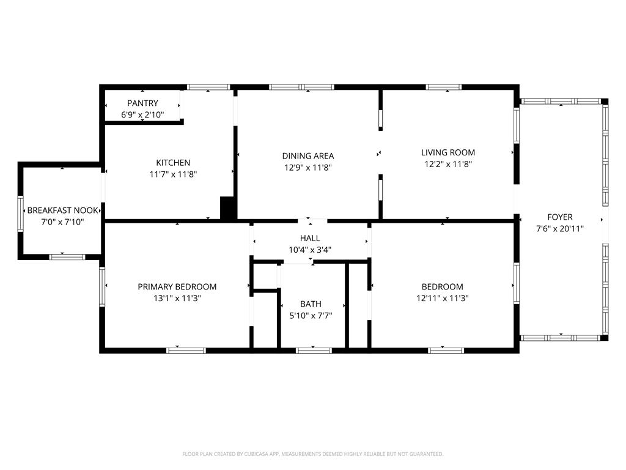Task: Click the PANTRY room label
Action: (142, 103)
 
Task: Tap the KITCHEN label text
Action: (173, 163)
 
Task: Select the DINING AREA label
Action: (308, 156)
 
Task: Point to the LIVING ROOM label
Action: (448, 152)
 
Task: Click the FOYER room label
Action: (560, 217)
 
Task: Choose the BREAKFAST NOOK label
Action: (62, 211)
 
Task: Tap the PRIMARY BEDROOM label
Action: (177, 286)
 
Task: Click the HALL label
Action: (310, 238)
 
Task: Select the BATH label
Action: (311, 304)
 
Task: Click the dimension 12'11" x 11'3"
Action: (442, 298)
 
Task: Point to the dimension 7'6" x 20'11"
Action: (560, 229)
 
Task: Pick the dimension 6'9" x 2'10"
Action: (142, 114)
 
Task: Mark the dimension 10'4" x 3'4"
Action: (310, 249)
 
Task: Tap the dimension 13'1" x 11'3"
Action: (177, 298)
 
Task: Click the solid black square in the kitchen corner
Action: (228, 208)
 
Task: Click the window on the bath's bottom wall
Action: (314, 350)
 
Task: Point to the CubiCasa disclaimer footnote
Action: (313, 454)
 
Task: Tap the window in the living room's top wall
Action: (444, 87)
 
